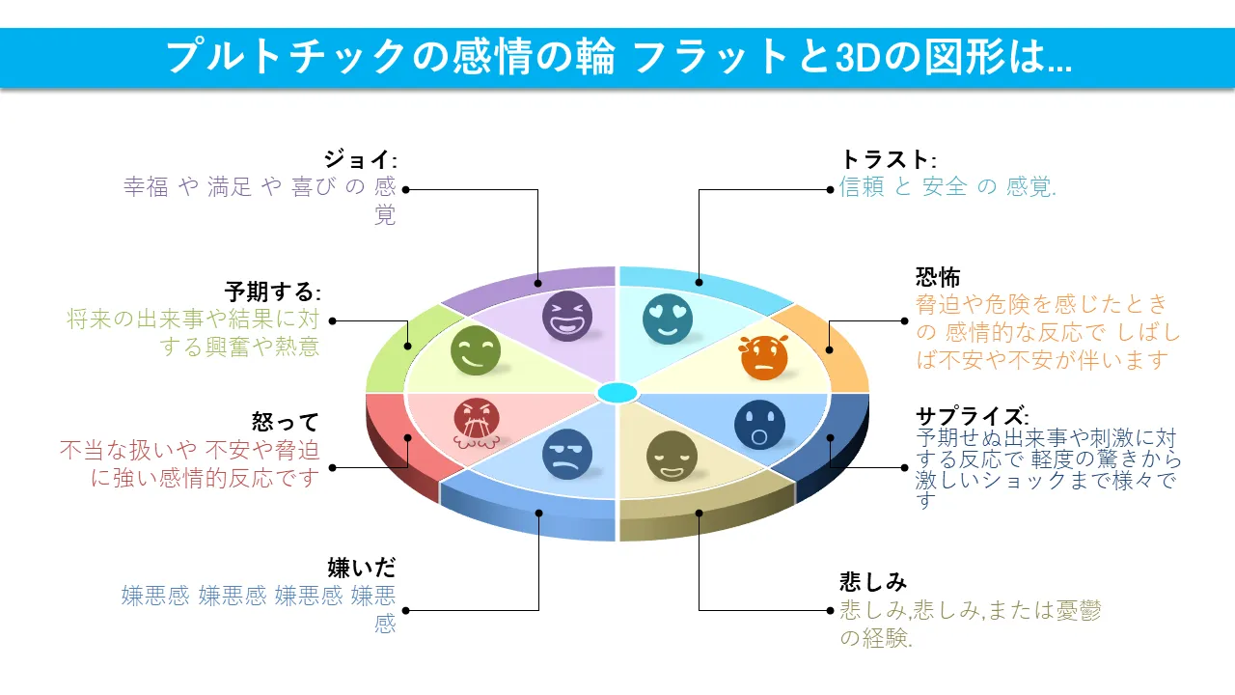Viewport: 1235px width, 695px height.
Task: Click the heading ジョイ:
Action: coord(360,159)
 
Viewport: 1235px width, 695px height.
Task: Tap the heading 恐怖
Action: coord(938,278)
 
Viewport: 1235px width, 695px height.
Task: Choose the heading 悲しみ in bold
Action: coord(873,582)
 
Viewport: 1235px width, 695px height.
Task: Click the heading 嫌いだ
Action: coord(362,568)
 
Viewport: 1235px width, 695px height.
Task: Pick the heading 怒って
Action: coord(285,422)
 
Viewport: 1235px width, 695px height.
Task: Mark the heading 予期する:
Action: coord(272,292)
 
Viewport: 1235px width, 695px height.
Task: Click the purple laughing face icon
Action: coord(566,316)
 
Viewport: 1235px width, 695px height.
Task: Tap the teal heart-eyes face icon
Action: coord(668,319)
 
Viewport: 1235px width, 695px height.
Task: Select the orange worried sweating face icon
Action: coord(764,357)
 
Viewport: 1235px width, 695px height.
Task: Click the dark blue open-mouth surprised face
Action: coord(759,425)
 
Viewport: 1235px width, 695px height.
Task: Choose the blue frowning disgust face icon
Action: coord(566,455)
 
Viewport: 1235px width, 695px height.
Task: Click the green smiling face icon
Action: coord(476,350)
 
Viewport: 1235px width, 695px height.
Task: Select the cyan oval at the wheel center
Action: coord(617,393)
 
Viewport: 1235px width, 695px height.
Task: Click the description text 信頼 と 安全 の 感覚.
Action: coord(947,187)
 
